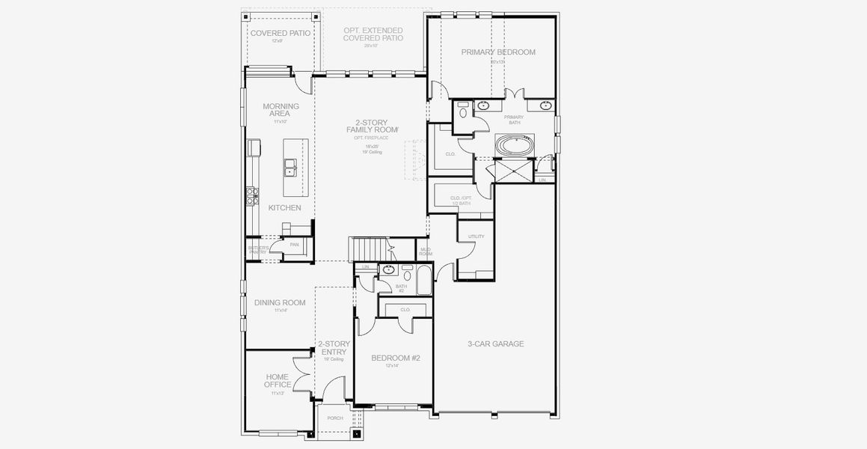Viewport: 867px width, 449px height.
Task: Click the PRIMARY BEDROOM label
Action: click(x=498, y=52)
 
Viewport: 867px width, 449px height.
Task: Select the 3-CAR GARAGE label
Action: click(x=495, y=344)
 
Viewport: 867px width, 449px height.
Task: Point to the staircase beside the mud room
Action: click(x=370, y=248)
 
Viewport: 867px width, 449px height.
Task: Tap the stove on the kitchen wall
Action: click(x=253, y=196)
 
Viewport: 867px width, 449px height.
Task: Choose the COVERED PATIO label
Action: click(x=281, y=33)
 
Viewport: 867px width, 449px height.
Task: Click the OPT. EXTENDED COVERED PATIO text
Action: click(x=373, y=34)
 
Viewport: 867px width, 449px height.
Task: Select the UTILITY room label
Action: click(x=476, y=236)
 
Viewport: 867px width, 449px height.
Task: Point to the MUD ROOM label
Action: click(x=426, y=251)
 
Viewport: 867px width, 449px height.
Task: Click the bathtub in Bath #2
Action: click(x=423, y=284)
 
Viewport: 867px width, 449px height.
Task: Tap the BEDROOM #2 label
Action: click(x=396, y=358)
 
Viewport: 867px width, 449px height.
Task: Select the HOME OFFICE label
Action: click(x=278, y=381)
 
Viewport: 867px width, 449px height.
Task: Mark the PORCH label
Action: click(x=335, y=418)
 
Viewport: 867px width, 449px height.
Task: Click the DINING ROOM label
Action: click(x=280, y=303)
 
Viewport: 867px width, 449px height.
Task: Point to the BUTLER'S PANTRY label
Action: click(x=257, y=250)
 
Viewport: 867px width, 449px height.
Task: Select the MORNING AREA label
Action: click(x=281, y=110)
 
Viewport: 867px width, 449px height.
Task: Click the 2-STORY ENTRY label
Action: click(x=334, y=348)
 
